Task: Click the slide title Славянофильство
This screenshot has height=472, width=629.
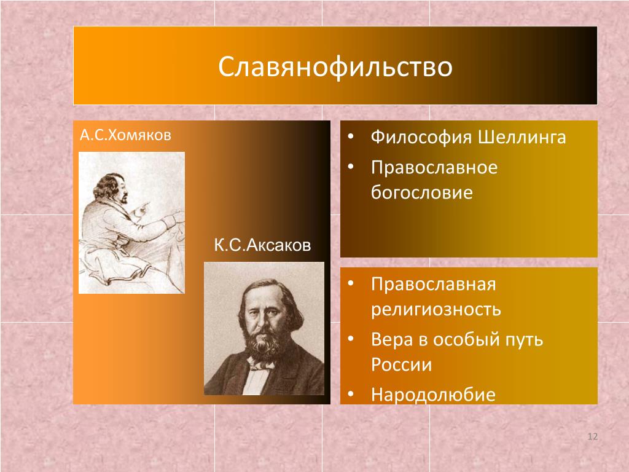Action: coord(335,66)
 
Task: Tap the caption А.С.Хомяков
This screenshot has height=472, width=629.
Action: coord(125,135)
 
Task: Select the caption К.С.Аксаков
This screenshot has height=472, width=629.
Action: coord(262,245)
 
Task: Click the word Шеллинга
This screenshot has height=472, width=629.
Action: coord(522,137)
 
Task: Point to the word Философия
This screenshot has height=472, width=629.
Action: coord(421,137)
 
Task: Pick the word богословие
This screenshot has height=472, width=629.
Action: coord(421,192)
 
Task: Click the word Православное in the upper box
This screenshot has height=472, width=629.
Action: coord(434,167)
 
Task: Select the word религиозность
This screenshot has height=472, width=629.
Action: coord(436,310)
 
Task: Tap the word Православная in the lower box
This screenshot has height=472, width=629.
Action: coord(434,284)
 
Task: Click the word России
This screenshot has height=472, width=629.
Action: coord(402,364)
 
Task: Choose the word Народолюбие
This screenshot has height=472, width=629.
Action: coord(433,395)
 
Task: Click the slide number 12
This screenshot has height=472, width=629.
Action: coord(593,436)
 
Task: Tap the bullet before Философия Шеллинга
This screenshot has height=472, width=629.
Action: coord(351,136)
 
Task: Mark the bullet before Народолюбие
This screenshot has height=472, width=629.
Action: coord(351,394)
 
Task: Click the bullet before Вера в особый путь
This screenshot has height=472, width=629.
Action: coord(351,339)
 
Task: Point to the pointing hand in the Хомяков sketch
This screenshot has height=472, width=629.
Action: coord(142,209)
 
